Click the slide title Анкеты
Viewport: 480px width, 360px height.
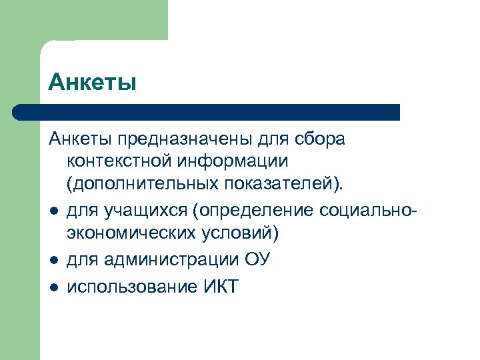tap(93, 82)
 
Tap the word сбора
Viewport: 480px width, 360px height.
tap(321, 141)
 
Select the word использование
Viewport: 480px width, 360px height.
tap(127, 288)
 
